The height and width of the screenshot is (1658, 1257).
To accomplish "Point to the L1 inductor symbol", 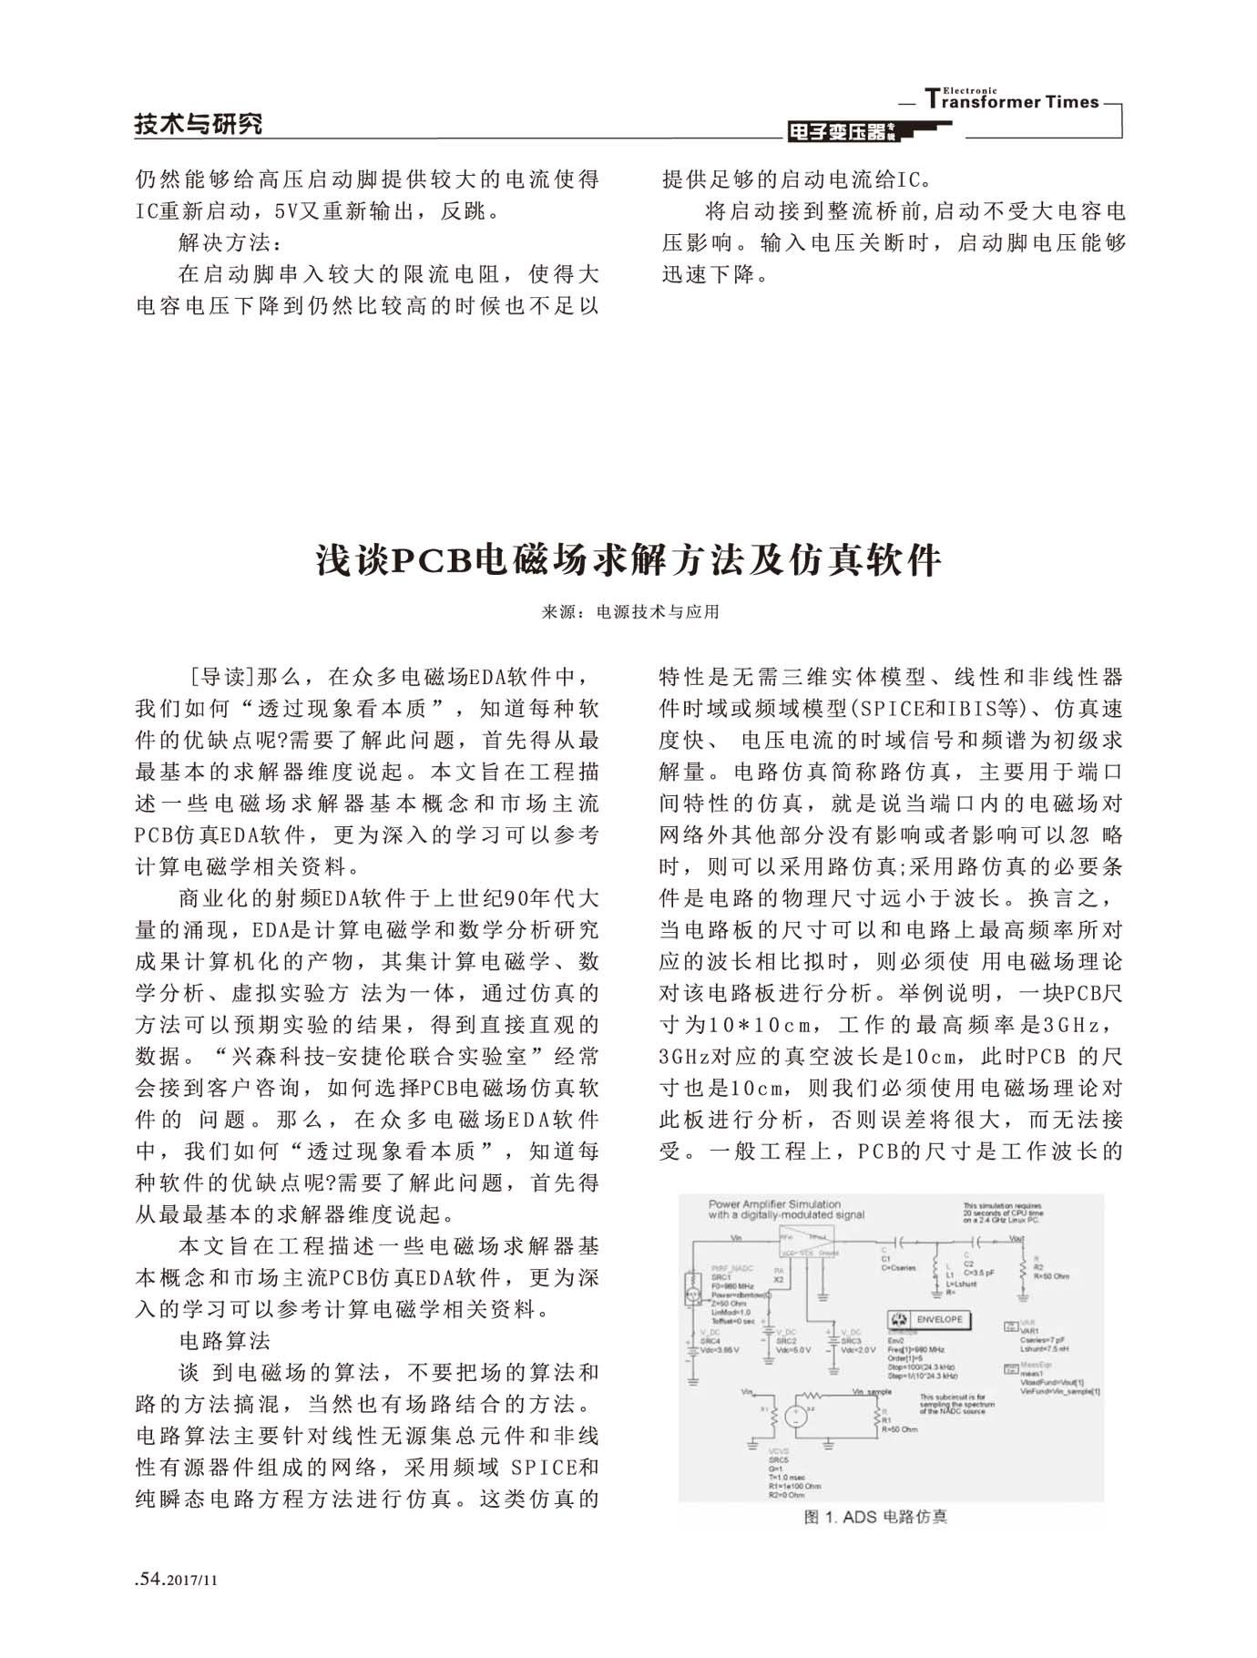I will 935,1271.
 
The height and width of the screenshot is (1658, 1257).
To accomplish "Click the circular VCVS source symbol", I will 795,1415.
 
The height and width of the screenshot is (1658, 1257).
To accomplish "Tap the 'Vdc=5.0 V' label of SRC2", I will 792,1350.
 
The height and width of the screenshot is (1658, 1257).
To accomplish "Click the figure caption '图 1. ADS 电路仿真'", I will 875,1517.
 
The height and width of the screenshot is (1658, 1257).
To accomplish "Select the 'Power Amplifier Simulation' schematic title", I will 774,1203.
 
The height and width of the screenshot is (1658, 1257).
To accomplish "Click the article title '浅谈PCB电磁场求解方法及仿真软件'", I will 628,560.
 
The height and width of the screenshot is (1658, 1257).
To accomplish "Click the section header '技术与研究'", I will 199,124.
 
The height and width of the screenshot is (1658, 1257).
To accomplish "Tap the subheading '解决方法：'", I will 230,243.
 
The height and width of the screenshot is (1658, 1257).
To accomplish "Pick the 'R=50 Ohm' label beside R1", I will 899,1429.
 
